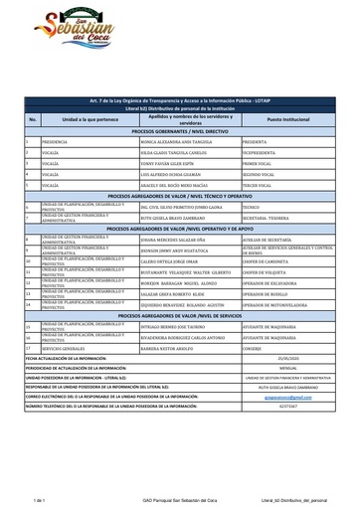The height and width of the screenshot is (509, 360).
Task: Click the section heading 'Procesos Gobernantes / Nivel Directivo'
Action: pyautogui.click(x=180, y=131)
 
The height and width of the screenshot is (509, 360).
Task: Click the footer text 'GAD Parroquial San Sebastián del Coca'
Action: pyautogui.click(x=178, y=502)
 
